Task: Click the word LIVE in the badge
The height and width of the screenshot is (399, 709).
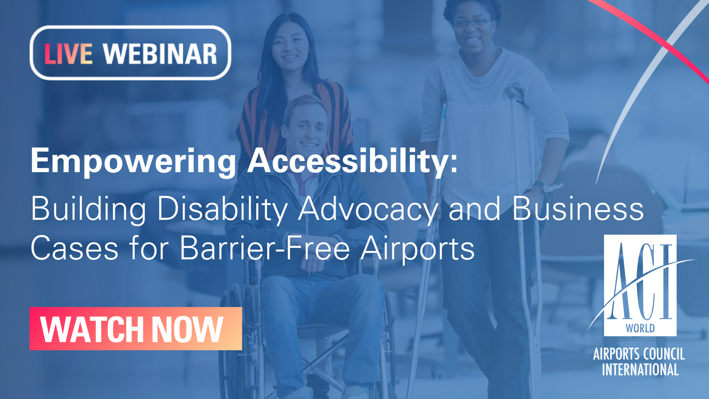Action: click(x=68, y=54)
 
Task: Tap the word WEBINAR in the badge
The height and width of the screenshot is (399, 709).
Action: click(x=160, y=54)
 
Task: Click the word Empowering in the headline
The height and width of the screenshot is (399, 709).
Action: click(x=133, y=161)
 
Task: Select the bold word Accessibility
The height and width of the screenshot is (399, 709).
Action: click(x=353, y=161)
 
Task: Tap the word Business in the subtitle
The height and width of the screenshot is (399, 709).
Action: click(x=578, y=209)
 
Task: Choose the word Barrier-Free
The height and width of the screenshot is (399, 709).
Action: click(x=265, y=248)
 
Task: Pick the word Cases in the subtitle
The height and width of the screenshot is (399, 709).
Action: click(x=75, y=248)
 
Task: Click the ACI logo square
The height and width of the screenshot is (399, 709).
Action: click(x=640, y=285)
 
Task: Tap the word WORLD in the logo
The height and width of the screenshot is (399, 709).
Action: click(x=640, y=328)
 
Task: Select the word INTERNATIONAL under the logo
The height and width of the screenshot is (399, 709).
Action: click(x=640, y=369)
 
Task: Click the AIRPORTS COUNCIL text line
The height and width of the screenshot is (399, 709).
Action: click(x=639, y=354)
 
